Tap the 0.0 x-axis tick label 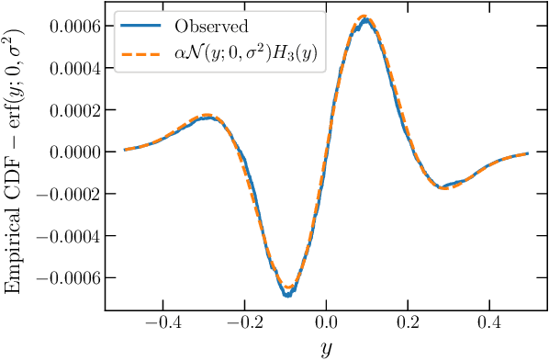click(326, 324)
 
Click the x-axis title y click(326, 348)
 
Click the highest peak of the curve click(365, 17)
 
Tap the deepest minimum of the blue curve click(286, 295)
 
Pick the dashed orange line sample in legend click(140, 54)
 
